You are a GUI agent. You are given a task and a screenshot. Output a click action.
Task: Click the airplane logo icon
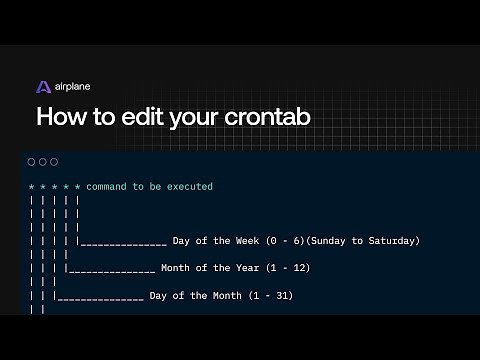[x=44, y=86]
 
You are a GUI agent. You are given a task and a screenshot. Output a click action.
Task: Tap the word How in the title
[x=59, y=116]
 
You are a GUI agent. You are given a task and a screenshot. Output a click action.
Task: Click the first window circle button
[x=31, y=162]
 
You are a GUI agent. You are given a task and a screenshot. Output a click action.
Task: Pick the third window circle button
[x=54, y=162]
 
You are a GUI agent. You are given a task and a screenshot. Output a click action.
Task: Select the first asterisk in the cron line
[x=31, y=187]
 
